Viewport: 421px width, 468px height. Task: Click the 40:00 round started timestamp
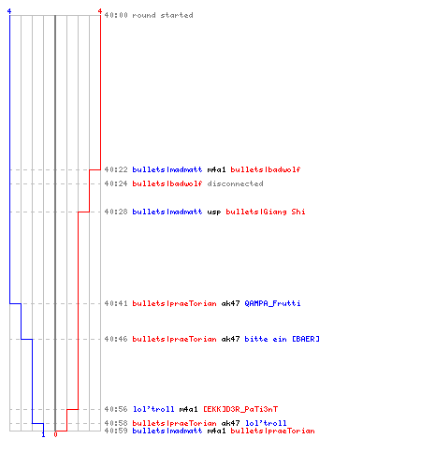click(x=116, y=15)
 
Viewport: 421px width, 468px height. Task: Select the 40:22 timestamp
click(x=116, y=169)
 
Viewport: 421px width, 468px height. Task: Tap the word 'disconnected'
click(x=235, y=183)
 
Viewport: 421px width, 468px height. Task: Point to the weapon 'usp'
click(x=214, y=212)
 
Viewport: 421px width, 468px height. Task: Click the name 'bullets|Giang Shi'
click(x=266, y=212)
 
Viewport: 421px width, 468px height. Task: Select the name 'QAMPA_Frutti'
click(x=272, y=303)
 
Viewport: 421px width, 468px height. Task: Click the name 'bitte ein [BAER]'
click(x=282, y=339)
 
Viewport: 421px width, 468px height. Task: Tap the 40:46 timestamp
click(x=116, y=339)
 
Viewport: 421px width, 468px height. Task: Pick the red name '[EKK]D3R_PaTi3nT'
click(x=240, y=409)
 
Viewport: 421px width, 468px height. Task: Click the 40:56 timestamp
click(x=116, y=409)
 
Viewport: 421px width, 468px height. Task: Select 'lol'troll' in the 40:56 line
click(x=153, y=409)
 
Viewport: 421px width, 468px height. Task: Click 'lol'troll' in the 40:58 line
click(x=266, y=423)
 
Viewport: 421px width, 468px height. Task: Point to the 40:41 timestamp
click(x=116, y=303)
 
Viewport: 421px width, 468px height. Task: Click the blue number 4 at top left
click(x=9, y=11)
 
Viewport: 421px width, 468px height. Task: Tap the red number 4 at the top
click(x=100, y=11)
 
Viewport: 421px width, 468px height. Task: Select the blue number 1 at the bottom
click(x=43, y=434)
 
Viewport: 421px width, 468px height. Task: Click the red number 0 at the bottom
click(x=55, y=434)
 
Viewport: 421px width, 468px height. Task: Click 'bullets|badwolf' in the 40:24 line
click(x=167, y=183)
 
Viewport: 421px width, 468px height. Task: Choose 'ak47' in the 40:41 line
click(x=230, y=303)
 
